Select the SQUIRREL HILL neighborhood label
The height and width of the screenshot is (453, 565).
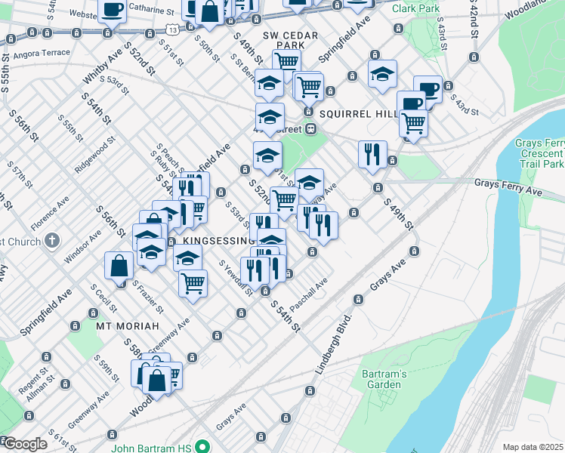pyautogui.click(x=357, y=113)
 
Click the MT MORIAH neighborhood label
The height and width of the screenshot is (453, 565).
pyautogui.click(x=127, y=326)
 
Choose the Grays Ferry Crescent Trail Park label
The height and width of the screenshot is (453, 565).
pyautogui.click(x=539, y=153)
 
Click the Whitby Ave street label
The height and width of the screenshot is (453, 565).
pyautogui.click(x=101, y=69)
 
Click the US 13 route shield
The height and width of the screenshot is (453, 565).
pyautogui.click(x=174, y=29)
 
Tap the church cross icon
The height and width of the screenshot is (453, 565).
pyautogui.click(x=51, y=241)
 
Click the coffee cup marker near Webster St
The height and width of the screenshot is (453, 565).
pyautogui.click(x=113, y=11)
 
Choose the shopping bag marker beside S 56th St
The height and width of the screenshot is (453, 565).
pyautogui.click(x=119, y=266)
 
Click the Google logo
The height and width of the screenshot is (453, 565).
pyautogui.click(x=24, y=444)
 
